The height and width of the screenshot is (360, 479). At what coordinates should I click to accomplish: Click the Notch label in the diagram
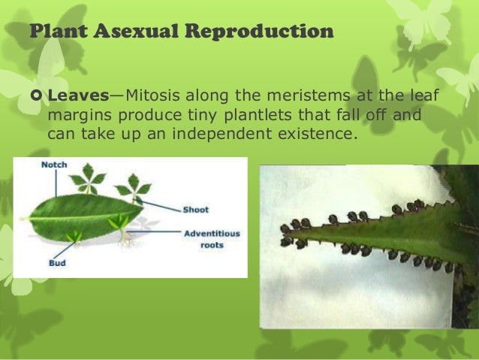point(53,165)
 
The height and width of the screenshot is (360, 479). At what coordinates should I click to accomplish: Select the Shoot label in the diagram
point(196,210)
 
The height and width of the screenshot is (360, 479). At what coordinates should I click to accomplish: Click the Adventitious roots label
point(212,239)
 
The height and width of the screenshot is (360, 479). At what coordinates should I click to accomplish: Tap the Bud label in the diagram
point(37,264)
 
